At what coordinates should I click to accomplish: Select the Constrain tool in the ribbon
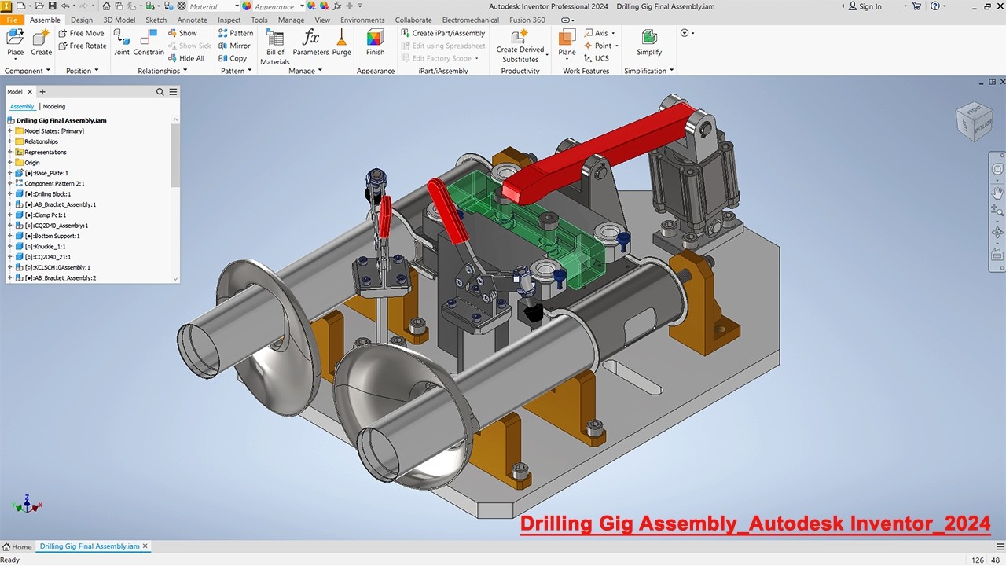click(149, 42)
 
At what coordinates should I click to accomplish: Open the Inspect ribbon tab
click(229, 20)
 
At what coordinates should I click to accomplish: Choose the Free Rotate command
click(83, 46)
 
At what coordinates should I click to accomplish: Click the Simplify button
click(649, 42)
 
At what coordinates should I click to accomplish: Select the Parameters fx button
click(310, 42)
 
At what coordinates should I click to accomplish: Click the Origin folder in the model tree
click(31, 163)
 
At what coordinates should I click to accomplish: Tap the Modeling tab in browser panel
click(54, 106)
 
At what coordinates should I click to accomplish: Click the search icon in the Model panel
click(160, 92)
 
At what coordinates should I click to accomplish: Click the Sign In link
click(865, 6)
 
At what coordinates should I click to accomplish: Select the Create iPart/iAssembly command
click(442, 33)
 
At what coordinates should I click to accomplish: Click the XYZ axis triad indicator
click(27, 504)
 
